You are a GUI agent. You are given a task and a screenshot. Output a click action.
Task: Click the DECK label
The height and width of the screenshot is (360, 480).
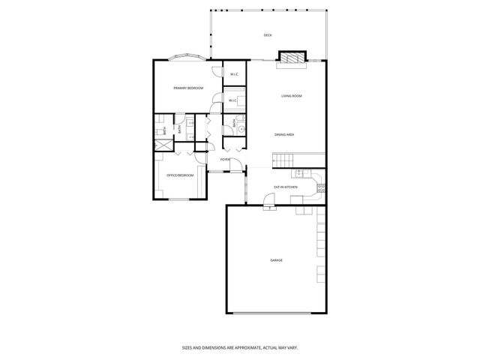[268, 35]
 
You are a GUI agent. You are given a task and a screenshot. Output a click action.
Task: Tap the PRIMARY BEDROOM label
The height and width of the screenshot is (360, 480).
[188, 88]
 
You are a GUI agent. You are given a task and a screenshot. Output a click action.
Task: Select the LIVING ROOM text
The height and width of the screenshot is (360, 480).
[291, 96]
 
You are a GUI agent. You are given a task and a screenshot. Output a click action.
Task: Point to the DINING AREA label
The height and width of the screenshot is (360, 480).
[283, 134]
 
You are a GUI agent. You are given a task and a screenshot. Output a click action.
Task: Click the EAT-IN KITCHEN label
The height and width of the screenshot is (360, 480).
[285, 186]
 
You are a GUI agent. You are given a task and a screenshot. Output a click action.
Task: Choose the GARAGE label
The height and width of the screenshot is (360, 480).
[277, 259]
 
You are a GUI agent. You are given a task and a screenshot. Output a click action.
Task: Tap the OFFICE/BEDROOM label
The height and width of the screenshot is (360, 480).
[180, 175]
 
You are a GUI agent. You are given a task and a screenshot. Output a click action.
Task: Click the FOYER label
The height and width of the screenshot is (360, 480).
[225, 159]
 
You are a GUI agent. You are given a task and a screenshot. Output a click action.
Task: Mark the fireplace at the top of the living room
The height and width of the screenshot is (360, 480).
[292, 58]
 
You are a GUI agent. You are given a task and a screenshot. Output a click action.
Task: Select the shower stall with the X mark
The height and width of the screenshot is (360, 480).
[161, 143]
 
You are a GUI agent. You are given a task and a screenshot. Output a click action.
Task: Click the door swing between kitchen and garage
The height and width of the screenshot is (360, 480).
[268, 199]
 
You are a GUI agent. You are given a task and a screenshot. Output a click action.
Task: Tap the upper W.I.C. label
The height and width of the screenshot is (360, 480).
[234, 73]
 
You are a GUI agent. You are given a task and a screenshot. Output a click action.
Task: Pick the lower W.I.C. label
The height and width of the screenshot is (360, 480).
[232, 100]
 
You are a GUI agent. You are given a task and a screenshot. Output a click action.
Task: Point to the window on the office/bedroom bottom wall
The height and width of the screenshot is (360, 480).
[179, 199]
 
